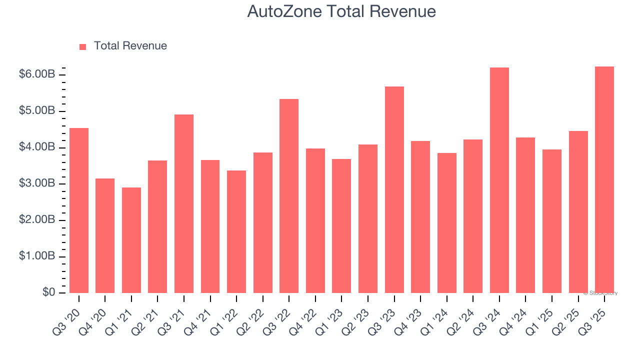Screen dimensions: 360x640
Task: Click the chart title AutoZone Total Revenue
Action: (x=341, y=11)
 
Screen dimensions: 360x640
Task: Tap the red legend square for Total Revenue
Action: (x=83, y=46)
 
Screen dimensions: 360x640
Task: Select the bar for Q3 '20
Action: (x=79, y=210)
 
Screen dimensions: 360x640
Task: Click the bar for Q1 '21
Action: (x=131, y=240)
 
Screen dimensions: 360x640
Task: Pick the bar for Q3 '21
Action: (x=184, y=203)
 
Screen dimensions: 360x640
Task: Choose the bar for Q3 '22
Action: (x=289, y=196)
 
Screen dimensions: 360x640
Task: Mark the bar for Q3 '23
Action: (x=394, y=189)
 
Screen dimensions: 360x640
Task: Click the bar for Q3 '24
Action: (x=499, y=180)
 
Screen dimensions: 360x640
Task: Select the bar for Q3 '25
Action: (x=604, y=179)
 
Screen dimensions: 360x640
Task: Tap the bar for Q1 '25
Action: (x=552, y=221)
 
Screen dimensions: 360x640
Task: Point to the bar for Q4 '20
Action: (x=105, y=235)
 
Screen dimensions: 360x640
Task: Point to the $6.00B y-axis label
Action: (x=37, y=74)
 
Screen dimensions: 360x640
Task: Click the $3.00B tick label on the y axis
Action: (x=37, y=183)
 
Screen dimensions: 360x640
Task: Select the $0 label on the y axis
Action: (x=48, y=292)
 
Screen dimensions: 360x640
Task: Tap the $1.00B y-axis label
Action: (x=37, y=256)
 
